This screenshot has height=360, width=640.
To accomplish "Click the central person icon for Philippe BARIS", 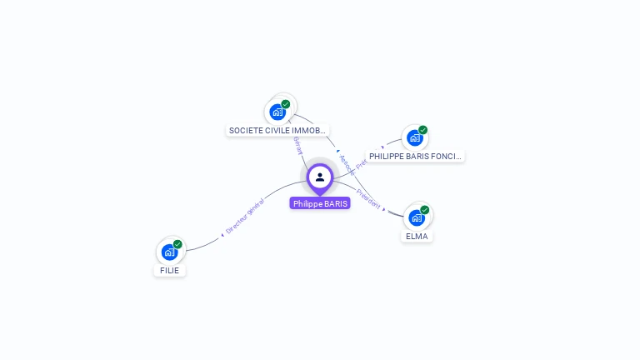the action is click(x=320, y=177).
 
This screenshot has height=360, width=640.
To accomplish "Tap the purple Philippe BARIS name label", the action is click(x=320, y=203).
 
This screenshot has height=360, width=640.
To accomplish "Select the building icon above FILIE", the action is click(x=170, y=252).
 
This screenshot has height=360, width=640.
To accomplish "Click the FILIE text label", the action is click(x=170, y=270).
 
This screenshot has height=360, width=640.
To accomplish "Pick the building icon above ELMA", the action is click(x=417, y=217).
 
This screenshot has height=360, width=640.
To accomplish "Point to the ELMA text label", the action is click(x=417, y=236).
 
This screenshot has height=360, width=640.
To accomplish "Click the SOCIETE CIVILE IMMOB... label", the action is click(x=277, y=130).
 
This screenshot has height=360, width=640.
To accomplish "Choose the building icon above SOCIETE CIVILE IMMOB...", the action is click(x=278, y=112).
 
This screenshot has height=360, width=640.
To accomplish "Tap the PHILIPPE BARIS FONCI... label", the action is click(x=415, y=156).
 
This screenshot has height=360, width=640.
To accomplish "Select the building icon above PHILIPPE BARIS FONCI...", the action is click(x=414, y=137).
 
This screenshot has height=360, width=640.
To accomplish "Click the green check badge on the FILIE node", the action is click(x=177, y=244).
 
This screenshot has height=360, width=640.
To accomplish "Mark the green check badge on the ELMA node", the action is click(x=425, y=210).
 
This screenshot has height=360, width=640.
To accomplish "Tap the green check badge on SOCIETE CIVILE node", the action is click(x=286, y=104).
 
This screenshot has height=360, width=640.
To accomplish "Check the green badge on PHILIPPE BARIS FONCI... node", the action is click(x=422, y=130).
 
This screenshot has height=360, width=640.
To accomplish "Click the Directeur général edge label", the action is click(x=245, y=215).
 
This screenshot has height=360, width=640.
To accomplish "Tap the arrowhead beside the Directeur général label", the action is click(x=222, y=235).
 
